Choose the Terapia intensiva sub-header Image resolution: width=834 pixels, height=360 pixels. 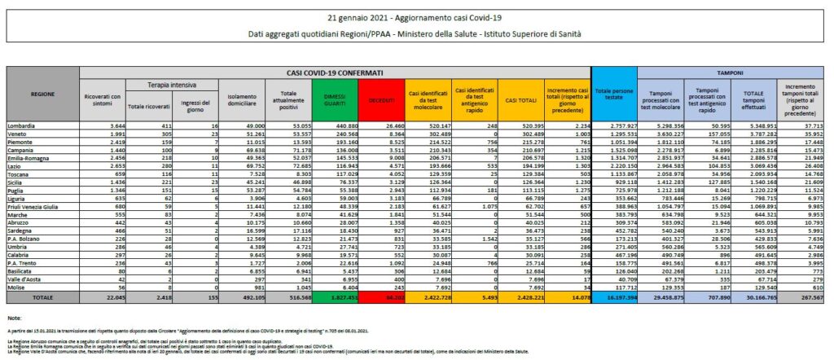point(169,85)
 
